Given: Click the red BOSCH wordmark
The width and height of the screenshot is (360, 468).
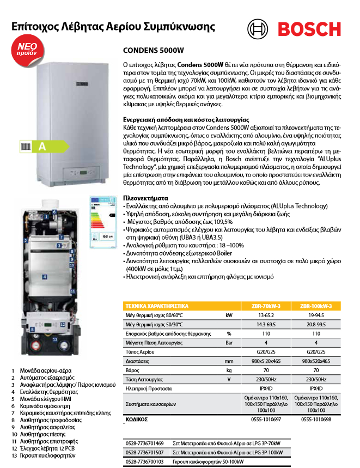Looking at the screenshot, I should [x=312, y=29].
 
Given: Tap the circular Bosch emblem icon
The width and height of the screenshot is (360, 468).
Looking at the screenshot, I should [x=258, y=29].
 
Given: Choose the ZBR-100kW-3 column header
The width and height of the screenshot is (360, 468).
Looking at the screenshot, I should [x=316, y=306].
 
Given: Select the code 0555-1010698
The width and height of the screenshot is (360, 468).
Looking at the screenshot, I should [x=316, y=421].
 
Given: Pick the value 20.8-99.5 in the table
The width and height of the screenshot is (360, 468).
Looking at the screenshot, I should [x=316, y=325].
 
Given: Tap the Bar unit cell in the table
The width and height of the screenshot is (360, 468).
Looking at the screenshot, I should [x=229, y=343].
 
